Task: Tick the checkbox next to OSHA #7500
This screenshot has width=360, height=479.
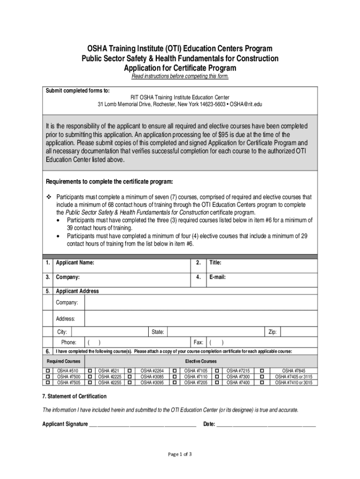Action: [47, 377]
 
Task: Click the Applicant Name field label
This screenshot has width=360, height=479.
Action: [75, 263]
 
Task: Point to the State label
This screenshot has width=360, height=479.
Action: [157, 332]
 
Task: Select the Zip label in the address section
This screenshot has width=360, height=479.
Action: [273, 332]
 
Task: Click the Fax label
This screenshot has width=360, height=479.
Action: [198, 342]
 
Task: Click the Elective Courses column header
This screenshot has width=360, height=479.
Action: [201, 362]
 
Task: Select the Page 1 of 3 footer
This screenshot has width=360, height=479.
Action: [180, 454]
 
